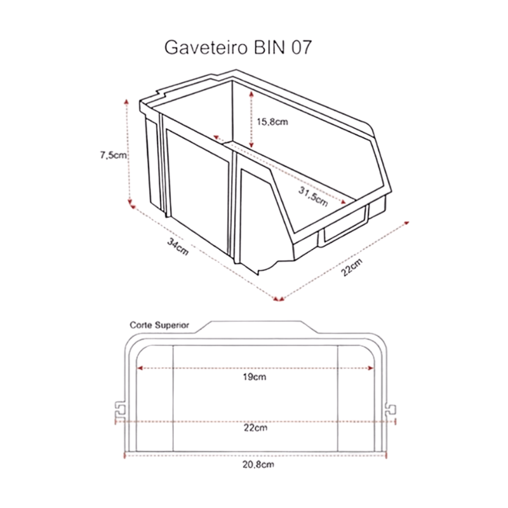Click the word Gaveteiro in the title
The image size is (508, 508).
(206, 48)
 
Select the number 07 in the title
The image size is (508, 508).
(301, 47)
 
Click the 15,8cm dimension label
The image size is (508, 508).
(272, 122)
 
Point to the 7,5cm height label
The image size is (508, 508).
(113, 155)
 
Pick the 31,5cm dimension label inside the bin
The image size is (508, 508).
(313, 197)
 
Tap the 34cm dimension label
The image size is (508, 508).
(178, 246)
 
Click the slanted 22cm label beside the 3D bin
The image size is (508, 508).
(352, 267)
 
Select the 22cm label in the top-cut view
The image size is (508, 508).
(255, 428)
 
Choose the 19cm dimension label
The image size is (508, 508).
(255, 377)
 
